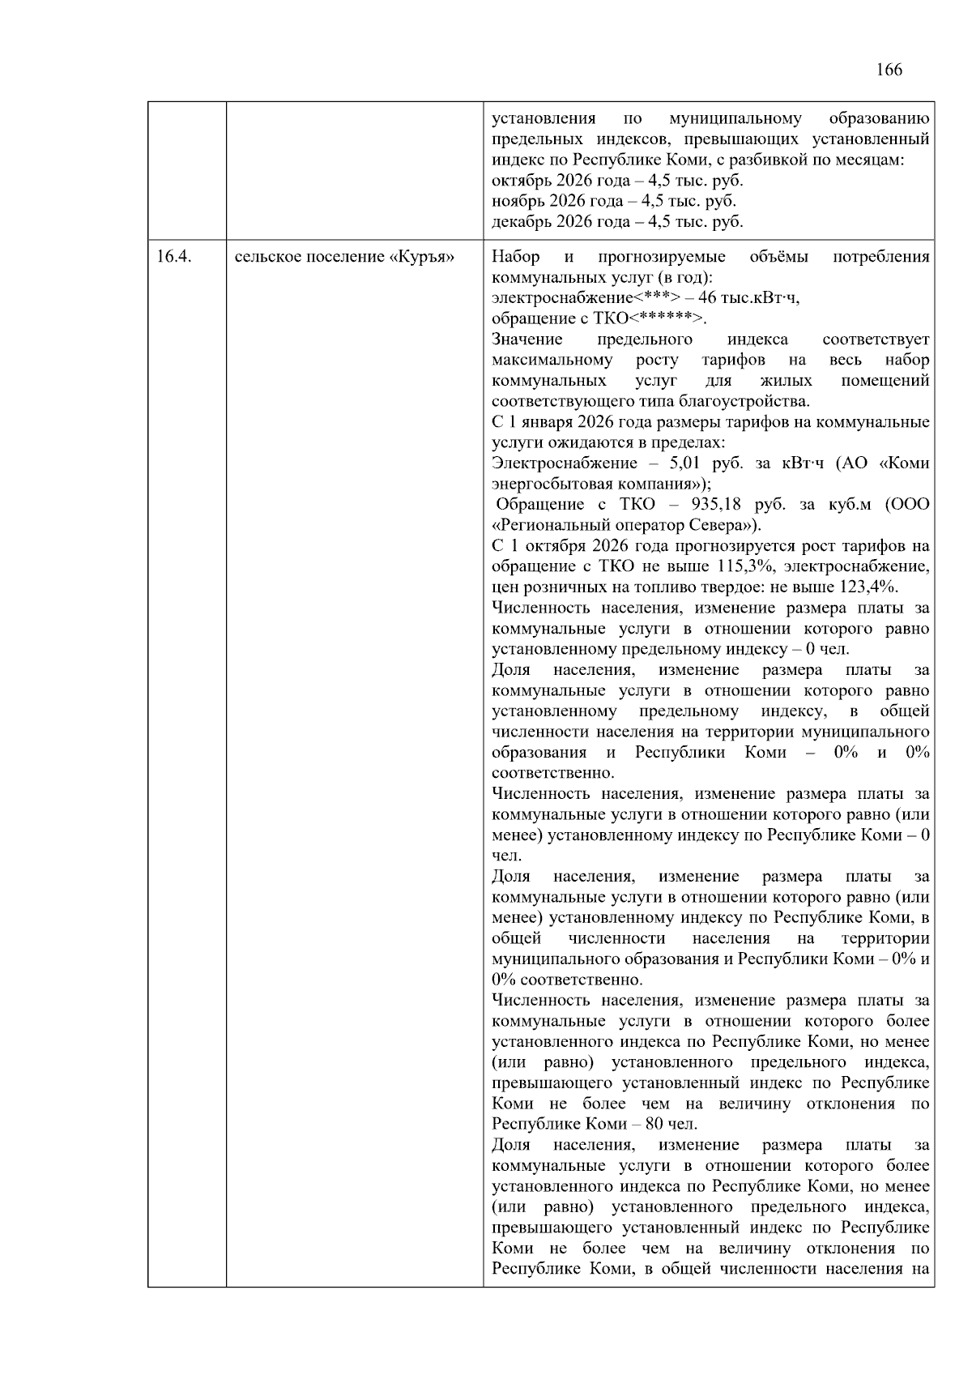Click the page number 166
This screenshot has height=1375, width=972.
(x=889, y=70)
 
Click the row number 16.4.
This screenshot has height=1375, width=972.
(x=173, y=257)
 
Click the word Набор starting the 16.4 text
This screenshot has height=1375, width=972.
(x=516, y=257)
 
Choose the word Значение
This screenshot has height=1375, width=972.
(x=527, y=339)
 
